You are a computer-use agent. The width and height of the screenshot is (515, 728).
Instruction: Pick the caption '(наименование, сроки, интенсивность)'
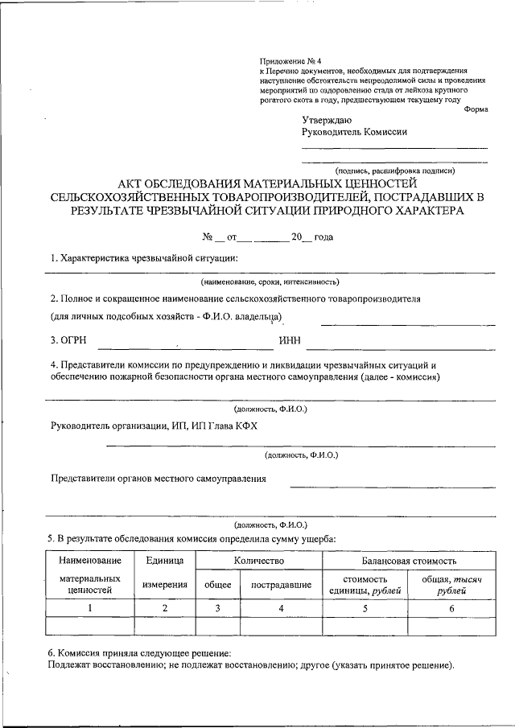click(x=270, y=282)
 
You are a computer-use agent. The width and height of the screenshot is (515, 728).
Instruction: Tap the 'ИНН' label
click(x=290, y=340)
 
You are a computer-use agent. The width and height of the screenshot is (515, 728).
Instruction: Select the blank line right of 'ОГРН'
click(x=184, y=348)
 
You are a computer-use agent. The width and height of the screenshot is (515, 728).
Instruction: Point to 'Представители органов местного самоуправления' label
click(x=159, y=479)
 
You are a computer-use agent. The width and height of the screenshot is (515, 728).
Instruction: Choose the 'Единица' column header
click(x=165, y=560)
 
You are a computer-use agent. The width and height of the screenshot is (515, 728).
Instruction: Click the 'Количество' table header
click(x=259, y=560)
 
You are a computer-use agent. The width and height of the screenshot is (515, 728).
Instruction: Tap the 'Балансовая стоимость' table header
click(x=410, y=560)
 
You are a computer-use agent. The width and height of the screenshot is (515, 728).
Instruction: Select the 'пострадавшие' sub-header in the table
click(x=281, y=585)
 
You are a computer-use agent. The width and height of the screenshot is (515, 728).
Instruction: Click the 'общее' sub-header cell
click(x=217, y=585)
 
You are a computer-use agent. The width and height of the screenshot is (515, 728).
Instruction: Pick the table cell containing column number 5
click(x=365, y=608)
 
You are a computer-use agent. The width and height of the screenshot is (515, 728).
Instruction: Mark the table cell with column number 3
click(x=217, y=608)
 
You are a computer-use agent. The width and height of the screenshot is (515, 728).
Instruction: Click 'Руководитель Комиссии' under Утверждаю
click(x=355, y=133)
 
